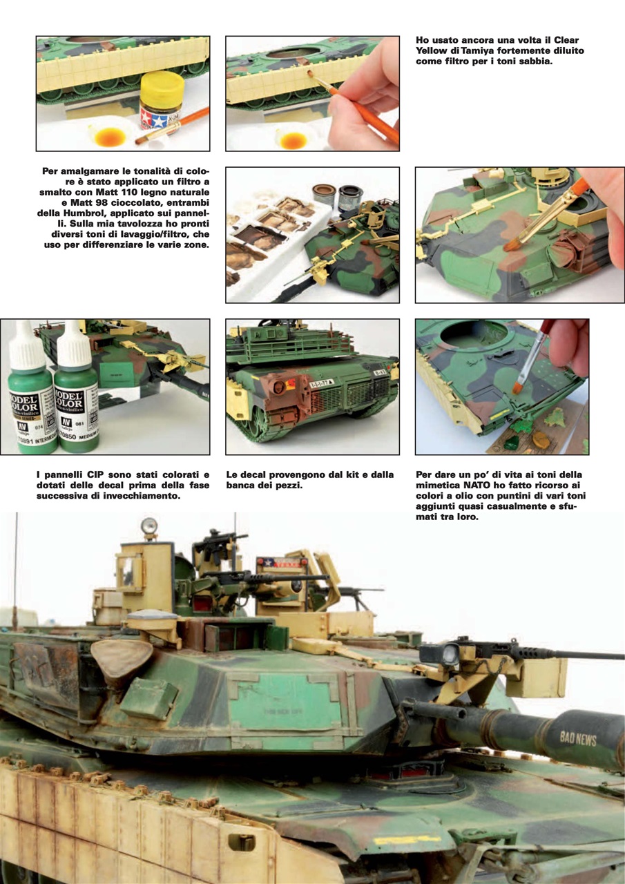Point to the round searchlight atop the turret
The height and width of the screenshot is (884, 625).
pos(148,527)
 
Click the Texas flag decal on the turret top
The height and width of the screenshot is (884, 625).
pos(276,562)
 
